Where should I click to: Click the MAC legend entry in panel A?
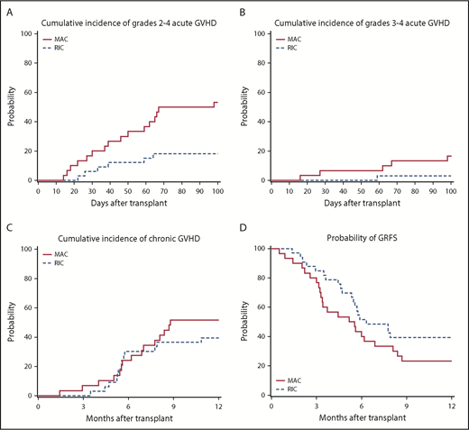(x=63, y=40)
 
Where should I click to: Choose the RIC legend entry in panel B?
(x=297, y=49)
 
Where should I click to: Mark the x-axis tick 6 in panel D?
(x=361, y=407)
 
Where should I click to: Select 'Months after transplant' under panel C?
(x=126, y=420)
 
